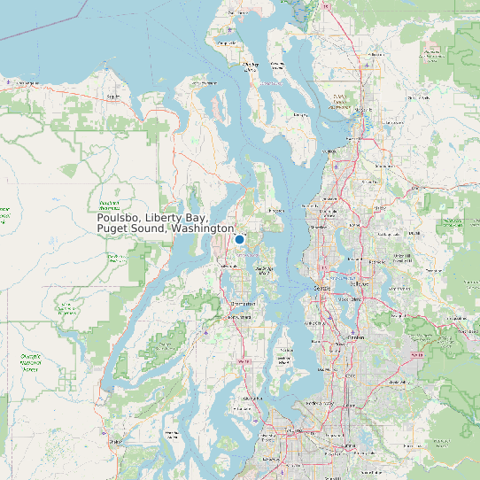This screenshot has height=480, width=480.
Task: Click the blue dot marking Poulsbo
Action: click(x=239, y=239)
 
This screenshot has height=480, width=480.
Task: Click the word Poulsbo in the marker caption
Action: click(x=118, y=218)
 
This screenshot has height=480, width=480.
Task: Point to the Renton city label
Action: click(x=357, y=337)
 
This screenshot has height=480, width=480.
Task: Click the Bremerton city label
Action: click(x=242, y=304)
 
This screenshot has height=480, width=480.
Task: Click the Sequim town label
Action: click(x=112, y=96)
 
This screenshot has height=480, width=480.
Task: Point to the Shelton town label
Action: click(x=115, y=440)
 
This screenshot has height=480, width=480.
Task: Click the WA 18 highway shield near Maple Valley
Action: click(x=413, y=352)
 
